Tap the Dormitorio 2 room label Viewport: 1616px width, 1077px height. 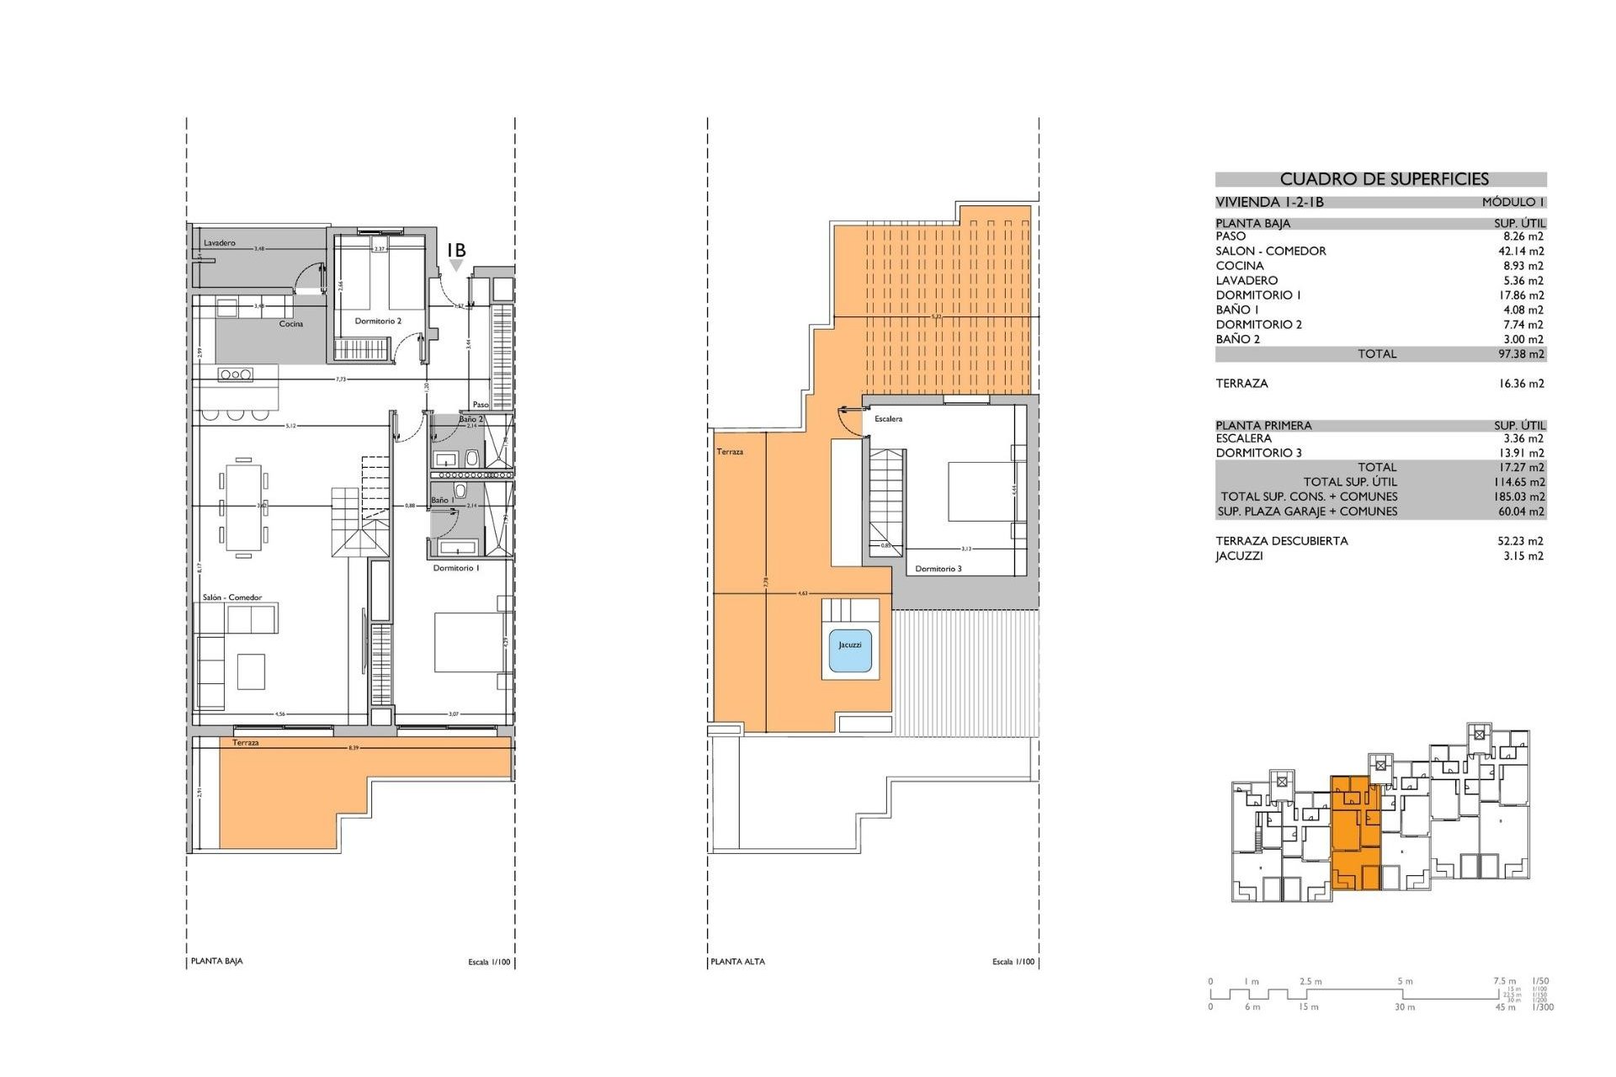pyautogui.click(x=378, y=321)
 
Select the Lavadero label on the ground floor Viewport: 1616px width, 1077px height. pyautogui.click(x=220, y=243)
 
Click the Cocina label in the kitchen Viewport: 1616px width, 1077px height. pyautogui.click(x=291, y=324)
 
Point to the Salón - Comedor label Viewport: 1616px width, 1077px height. pyautogui.click(x=231, y=597)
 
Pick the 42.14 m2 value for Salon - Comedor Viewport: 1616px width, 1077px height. pyautogui.click(x=1523, y=251)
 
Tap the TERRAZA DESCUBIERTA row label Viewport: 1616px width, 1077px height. pyautogui.click(x=1281, y=541)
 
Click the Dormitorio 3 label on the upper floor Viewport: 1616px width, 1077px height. pyautogui.click(x=938, y=569)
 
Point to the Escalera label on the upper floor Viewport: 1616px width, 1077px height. pyautogui.click(x=888, y=419)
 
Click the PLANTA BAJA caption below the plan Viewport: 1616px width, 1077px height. pyautogui.click(x=216, y=961)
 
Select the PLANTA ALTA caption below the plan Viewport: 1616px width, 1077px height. pyautogui.click(x=737, y=961)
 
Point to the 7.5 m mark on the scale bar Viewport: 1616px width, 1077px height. pyautogui.click(x=1504, y=981)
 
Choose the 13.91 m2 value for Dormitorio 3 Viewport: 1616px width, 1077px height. pyautogui.click(x=1523, y=453)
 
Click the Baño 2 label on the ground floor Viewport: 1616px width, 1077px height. pyautogui.click(x=470, y=419)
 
